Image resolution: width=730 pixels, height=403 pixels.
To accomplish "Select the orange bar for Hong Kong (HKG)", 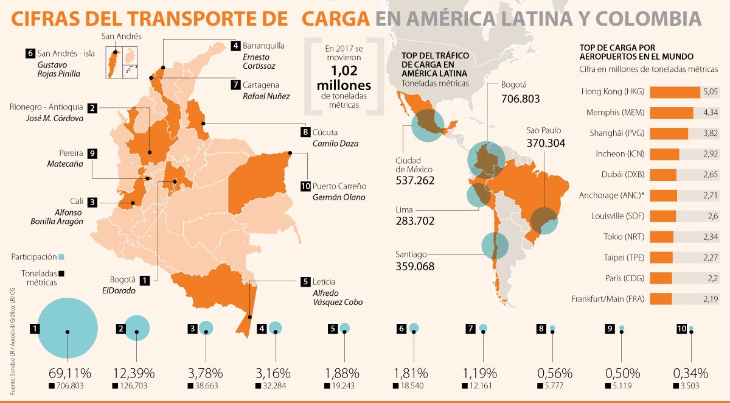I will pos(675,92).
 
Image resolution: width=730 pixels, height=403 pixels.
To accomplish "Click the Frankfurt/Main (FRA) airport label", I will pos(609,299).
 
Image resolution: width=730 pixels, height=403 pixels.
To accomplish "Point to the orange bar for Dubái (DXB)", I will pos(663,175).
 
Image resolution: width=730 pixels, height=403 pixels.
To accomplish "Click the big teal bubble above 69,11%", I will pos(68,331).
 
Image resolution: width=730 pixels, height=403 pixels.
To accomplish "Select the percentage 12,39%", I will pos(134,373).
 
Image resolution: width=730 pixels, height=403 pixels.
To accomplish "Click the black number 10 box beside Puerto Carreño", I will pos(305,186).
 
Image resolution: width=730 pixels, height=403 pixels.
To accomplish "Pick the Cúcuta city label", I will pos(325,132).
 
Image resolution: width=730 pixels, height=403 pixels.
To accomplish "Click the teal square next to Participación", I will pos(61,257).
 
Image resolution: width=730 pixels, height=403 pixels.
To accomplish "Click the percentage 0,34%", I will pos(690,373).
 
